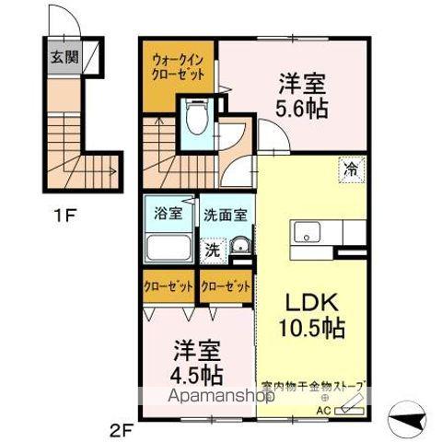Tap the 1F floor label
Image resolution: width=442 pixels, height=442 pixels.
pos(63,219)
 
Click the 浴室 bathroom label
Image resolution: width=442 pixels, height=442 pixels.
pos(168,213)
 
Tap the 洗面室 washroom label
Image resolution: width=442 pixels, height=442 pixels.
pos(225,213)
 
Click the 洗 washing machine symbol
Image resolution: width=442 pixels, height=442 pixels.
pos(211,248)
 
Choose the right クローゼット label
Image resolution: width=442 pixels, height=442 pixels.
pos(226,286)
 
